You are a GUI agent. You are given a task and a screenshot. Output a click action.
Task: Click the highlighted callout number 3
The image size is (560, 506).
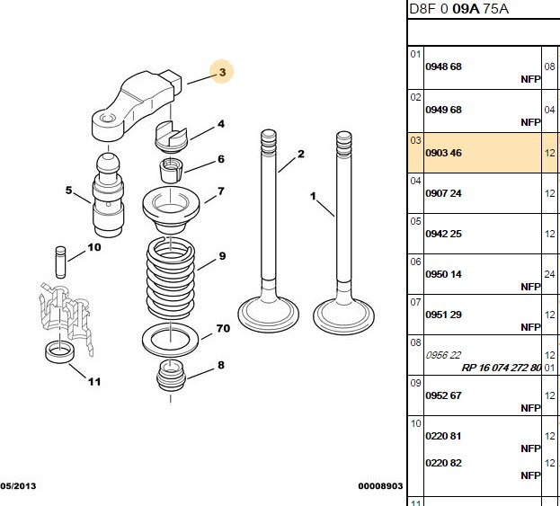coord(222,72)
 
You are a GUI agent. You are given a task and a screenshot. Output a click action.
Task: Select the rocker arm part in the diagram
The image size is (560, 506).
coord(136,104)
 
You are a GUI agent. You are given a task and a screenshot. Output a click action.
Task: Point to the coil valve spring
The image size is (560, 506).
coord(171,278)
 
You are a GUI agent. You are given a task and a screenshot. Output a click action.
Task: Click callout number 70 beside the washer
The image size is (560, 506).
coord(223,328)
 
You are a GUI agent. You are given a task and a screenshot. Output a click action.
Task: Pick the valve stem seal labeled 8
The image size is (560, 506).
coord(172,375)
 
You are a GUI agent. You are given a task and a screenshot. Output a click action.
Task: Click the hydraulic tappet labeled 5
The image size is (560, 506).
coord(108,195)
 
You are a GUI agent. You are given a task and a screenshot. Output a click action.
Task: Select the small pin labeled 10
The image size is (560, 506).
coord(61,262)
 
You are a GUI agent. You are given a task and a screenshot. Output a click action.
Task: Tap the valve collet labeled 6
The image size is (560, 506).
coord(171,171)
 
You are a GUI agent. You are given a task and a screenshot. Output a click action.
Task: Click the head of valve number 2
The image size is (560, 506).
coord(268,315)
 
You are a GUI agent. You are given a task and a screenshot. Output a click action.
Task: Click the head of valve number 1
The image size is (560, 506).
coord(343,316)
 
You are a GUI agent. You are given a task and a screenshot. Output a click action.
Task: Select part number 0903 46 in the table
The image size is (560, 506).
coord(443,153)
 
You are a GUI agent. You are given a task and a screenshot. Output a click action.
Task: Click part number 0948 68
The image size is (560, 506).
coord(443,67)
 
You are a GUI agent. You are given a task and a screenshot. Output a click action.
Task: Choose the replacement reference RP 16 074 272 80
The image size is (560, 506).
coord(502,368)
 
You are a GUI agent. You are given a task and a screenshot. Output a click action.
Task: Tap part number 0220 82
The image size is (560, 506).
coord(443,463)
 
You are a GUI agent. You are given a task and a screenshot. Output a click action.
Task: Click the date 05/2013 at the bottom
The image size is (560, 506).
coord(18,486)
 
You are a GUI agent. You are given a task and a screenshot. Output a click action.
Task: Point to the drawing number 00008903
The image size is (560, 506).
coord(380,486)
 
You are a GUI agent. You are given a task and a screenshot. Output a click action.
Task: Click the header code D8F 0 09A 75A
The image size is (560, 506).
coord(458,9)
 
